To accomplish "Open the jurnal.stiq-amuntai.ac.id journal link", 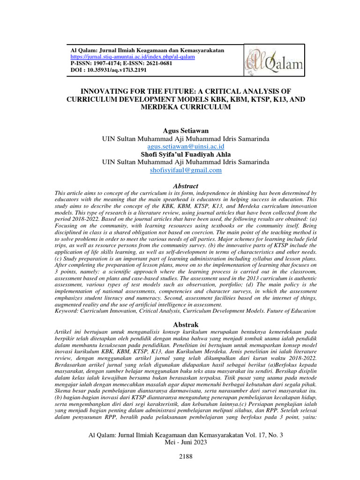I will (x=132, y=56).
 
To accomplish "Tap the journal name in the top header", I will (x=147, y=50).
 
